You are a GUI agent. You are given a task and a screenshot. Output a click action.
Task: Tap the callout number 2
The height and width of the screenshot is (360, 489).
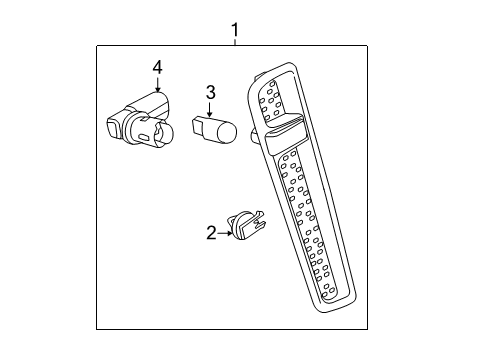tap(211, 233)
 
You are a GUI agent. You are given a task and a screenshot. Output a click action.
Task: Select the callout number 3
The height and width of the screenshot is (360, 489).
tap(211, 93)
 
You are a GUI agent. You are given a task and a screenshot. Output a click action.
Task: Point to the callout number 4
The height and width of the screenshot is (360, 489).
tap(157, 67)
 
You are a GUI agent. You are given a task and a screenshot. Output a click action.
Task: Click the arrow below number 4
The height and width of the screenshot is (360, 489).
tap(157, 83)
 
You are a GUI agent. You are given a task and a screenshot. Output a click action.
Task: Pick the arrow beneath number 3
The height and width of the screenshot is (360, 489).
tap(211, 110)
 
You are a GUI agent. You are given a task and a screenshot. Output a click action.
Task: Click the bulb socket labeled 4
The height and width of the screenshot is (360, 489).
tap(140, 118)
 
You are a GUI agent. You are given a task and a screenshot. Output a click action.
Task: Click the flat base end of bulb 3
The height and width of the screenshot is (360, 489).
tap(196, 127)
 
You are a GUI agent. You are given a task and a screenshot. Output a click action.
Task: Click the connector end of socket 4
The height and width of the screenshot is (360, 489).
tap(112, 127)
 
